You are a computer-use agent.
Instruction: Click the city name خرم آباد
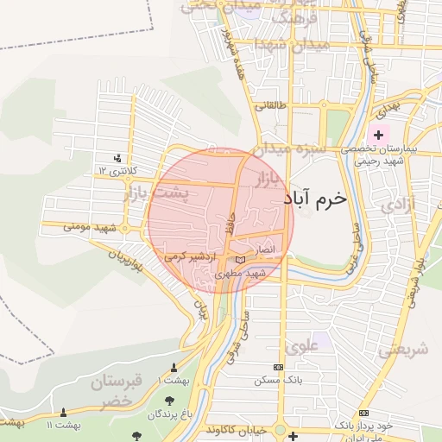point(314,198)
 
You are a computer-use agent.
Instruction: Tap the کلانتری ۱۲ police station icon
point(117,158)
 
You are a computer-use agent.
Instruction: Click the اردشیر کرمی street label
point(187,256)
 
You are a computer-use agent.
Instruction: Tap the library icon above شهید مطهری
point(240,259)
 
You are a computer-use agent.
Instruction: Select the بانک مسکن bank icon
point(276,367)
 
